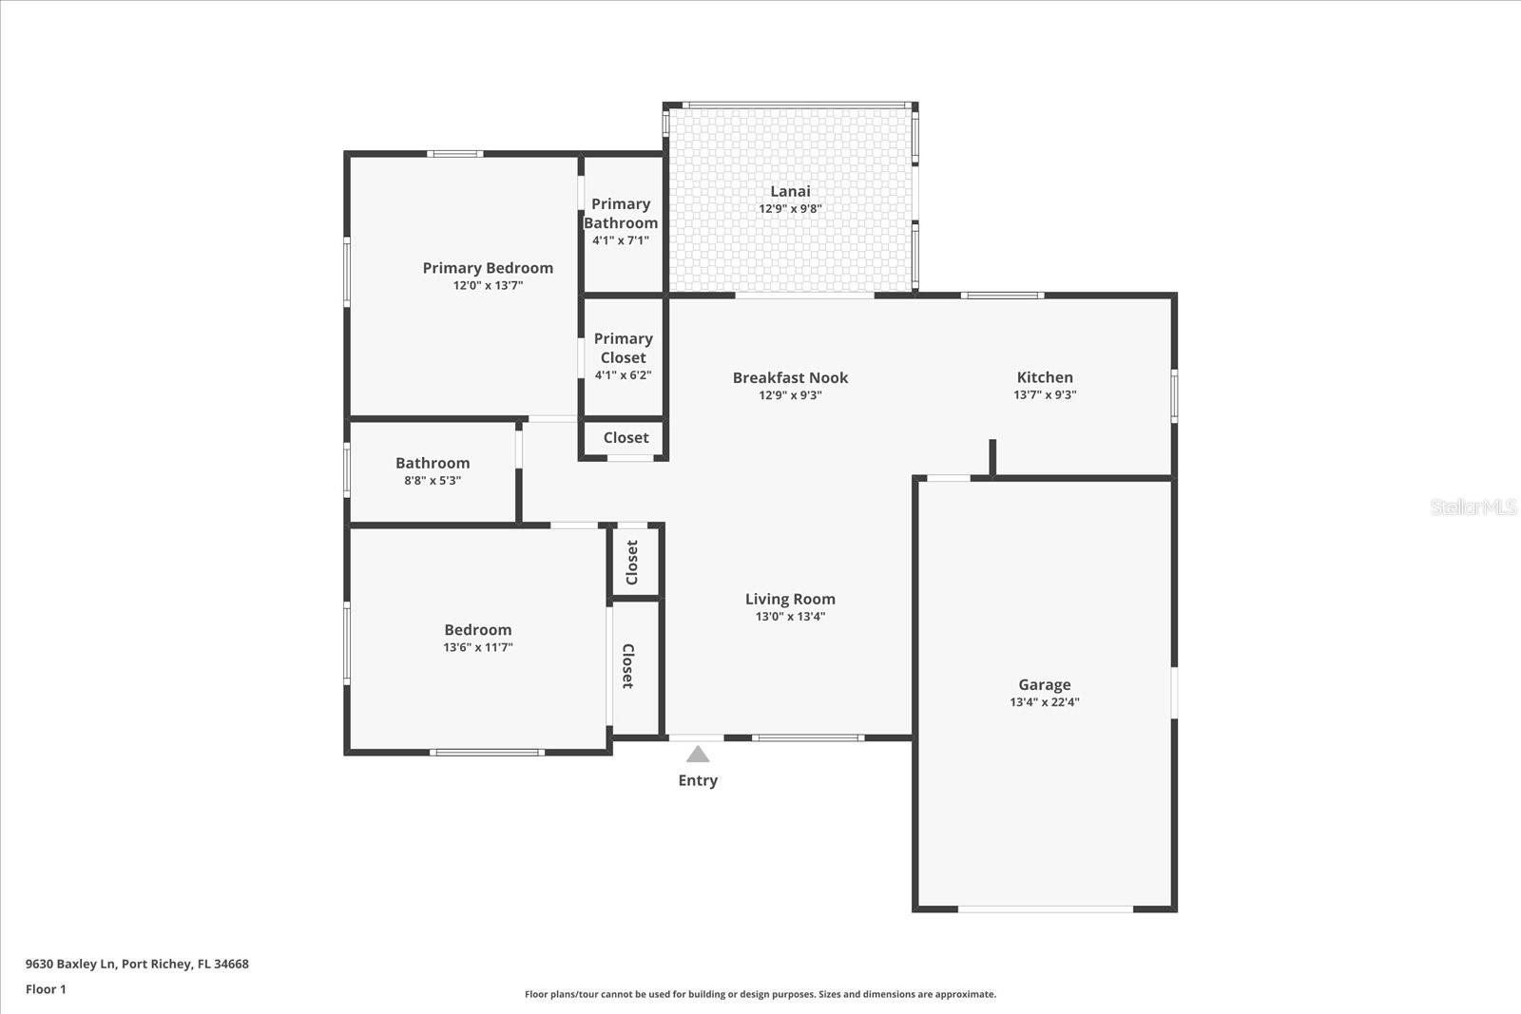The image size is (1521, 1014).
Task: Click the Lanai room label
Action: [790, 191]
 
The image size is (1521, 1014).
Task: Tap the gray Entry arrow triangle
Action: [698, 755]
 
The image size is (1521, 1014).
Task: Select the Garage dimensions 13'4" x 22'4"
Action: [1044, 702]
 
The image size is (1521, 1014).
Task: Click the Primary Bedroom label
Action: [488, 268]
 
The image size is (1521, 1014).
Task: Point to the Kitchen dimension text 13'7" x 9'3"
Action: [1044, 394]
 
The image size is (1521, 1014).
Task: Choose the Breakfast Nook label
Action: [790, 377]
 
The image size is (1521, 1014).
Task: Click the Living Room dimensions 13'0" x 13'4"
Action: [790, 616]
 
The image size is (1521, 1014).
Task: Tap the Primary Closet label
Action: [623, 348]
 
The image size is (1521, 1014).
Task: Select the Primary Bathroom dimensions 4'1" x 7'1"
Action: [621, 240]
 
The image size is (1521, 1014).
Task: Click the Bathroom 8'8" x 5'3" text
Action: [433, 480]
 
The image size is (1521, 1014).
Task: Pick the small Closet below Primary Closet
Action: [626, 438]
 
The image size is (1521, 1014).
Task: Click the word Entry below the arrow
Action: [698, 780]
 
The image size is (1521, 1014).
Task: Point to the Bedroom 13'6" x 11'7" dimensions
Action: [477, 647]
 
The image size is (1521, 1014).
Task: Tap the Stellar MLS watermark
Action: [1473, 507]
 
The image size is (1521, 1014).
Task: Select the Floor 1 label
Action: [46, 989]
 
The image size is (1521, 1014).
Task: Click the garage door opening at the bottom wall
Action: [1044, 909]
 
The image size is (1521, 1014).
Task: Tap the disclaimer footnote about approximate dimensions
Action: [760, 994]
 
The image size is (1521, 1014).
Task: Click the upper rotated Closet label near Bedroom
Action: [632, 562]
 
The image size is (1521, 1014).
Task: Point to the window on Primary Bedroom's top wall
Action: [454, 153]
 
